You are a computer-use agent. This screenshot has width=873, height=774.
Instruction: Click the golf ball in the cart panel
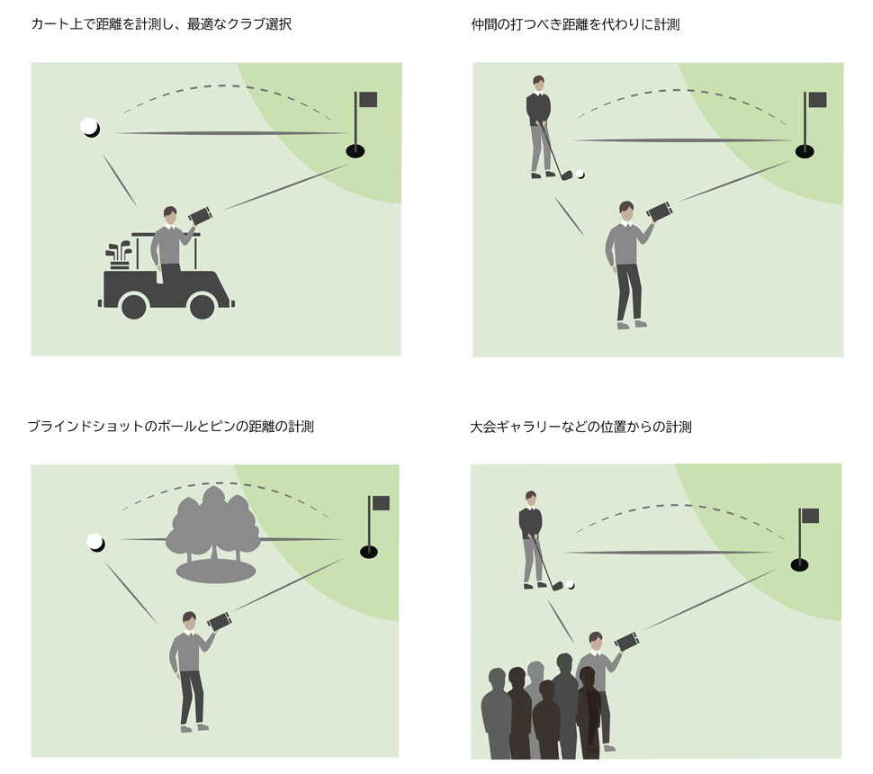(x=89, y=127)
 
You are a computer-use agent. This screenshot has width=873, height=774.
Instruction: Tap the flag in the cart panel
(x=367, y=100)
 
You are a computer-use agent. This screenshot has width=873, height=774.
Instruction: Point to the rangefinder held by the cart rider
(x=200, y=216)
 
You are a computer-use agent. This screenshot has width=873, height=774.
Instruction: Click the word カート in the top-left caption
(x=45, y=24)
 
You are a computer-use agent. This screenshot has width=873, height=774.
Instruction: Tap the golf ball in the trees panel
(x=94, y=541)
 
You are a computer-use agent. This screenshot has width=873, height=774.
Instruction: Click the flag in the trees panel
(x=381, y=504)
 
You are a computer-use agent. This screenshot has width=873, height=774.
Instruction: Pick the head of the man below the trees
(x=189, y=620)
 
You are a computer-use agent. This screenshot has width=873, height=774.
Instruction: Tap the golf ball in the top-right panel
(x=580, y=175)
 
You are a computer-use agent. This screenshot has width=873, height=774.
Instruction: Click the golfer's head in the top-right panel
(x=538, y=83)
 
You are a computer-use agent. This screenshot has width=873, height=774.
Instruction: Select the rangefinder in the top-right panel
(x=660, y=212)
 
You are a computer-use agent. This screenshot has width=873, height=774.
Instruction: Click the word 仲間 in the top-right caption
(x=484, y=24)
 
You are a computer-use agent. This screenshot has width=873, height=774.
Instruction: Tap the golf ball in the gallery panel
(x=571, y=585)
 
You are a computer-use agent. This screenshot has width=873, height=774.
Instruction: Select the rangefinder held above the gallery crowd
(x=627, y=642)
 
